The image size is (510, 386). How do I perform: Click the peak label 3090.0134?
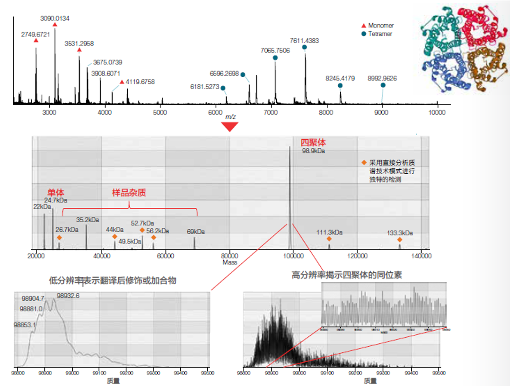pyautogui.click(x=54, y=18)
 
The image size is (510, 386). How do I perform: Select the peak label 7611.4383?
pyautogui.click(x=304, y=41)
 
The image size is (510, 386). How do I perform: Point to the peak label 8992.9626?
pyautogui.click(x=382, y=78)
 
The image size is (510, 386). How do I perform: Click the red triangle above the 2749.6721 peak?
pyautogui.click(x=36, y=41)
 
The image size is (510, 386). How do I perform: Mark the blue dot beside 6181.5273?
pyautogui.click(x=223, y=88)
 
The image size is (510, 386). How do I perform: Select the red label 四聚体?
pyautogui.click(x=313, y=142)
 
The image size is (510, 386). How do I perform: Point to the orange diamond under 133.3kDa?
pyautogui.click(x=400, y=239)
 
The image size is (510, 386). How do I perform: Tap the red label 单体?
pyautogui.click(x=55, y=193)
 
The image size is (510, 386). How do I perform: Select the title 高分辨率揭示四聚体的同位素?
pyautogui.click(x=347, y=275)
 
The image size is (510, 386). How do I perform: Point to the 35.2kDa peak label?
pyautogui.click(x=88, y=220)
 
